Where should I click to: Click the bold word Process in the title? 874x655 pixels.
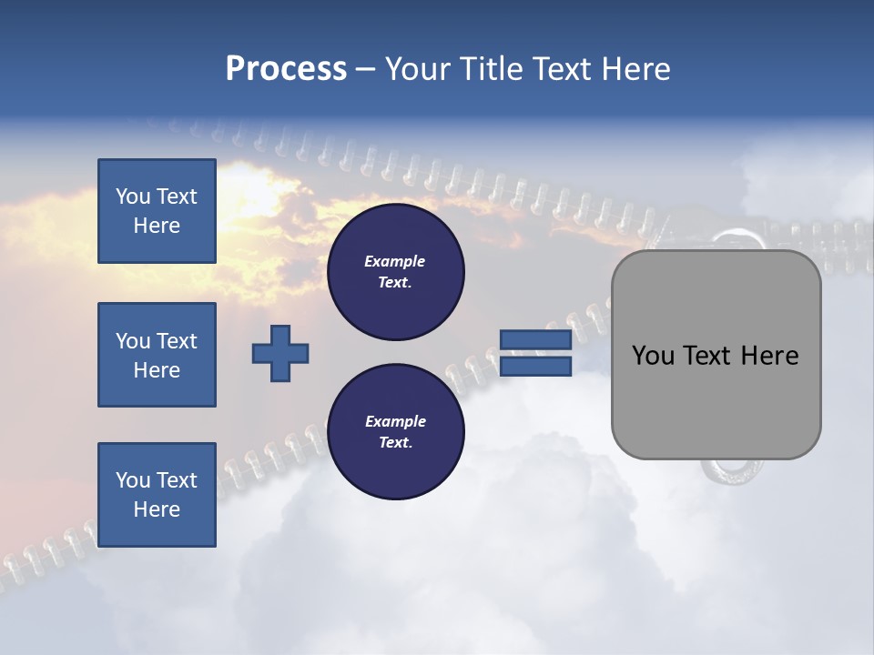[x=286, y=69]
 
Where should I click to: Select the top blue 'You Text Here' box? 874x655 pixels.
[x=157, y=211]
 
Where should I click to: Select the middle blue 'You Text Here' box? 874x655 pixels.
[x=157, y=355]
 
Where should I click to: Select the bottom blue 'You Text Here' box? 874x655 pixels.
[x=157, y=495]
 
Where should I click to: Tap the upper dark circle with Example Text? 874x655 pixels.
[x=395, y=272]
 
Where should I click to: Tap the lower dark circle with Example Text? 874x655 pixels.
[x=395, y=432]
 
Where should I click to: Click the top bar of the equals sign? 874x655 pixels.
[x=535, y=340]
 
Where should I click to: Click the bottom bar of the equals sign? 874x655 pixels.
[x=535, y=367]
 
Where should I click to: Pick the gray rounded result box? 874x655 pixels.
[x=716, y=400]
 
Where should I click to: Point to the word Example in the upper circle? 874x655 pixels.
[x=395, y=262]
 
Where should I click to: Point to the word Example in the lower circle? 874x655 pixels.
[x=395, y=422]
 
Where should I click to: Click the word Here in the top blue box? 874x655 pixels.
[x=157, y=226]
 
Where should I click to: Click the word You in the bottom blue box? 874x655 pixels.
[x=132, y=480]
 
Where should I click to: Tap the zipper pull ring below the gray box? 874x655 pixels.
[x=726, y=470]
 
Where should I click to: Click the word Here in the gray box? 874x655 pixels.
[x=769, y=356]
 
